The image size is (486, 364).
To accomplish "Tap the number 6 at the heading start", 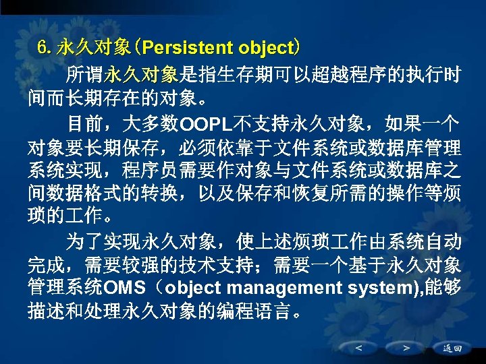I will pos(43,49).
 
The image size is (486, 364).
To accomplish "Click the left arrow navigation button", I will pos(357,348).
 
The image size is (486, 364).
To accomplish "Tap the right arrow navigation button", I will pos(406,348).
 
